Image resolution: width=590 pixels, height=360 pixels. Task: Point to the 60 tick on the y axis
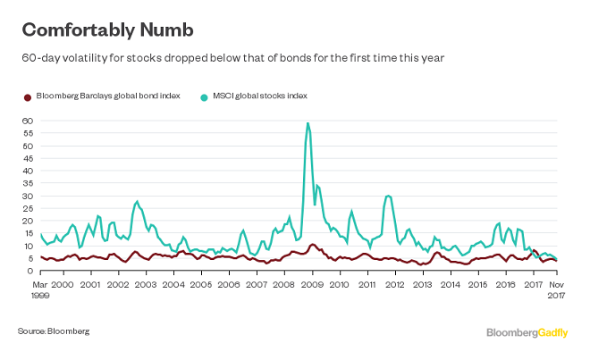pyautogui.click(x=27, y=121)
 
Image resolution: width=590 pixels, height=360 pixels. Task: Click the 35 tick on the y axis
pyautogui.click(x=27, y=184)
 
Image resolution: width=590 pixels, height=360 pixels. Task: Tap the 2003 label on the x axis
pyautogui.click(x=145, y=283)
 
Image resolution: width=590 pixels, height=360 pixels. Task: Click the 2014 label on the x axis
pyautogui.click(x=451, y=283)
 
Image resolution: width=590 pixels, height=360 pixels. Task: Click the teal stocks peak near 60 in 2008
pyautogui.click(x=308, y=123)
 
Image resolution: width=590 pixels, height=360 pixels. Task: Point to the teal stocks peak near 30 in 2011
pyautogui.click(x=388, y=195)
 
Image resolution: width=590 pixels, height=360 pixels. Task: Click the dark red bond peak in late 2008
pyautogui.click(x=311, y=244)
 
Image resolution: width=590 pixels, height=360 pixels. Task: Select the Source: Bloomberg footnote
pyautogui.click(x=54, y=331)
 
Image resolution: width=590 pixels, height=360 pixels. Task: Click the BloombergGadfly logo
pyautogui.click(x=527, y=332)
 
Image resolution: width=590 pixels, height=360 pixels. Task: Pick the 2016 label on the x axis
pyautogui.click(x=506, y=283)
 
